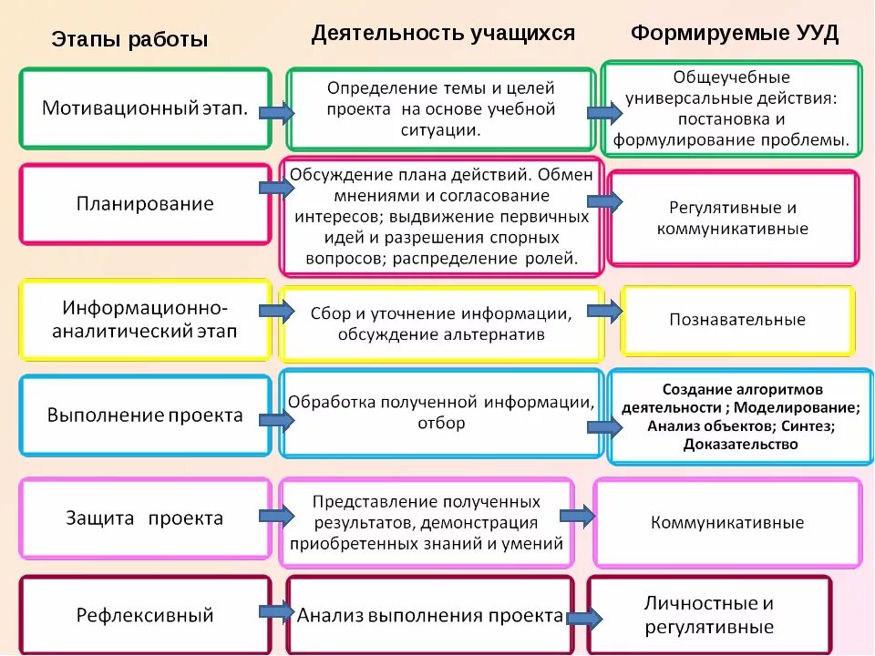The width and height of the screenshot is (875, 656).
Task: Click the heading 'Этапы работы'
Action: pyautogui.click(x=129, y=40)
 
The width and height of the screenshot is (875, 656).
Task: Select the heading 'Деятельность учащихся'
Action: pyautogui.click(x=443, y=34)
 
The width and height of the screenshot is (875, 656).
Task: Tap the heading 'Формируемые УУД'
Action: pyautogui.click(x=735, y=34)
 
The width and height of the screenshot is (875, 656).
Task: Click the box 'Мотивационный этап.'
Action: pyautogui.click(x=145, y=108)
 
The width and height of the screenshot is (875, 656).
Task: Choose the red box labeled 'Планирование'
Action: pyautogui.click(x=145, y=204)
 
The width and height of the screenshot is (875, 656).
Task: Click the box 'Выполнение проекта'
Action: pyautogui.click(x=145, y=415)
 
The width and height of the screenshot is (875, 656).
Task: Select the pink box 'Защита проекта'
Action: pyautogui.click(x=145, y=518)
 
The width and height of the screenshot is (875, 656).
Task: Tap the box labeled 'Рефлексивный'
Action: pyautogui.click(x=145, y=615)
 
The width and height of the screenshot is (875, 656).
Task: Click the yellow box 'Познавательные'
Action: pyautogui.click(x=737, y=320)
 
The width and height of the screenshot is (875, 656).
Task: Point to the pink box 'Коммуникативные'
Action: pyautogui.click(x=727, y=523)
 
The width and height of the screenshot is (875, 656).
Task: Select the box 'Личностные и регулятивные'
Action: pyautogui.click(x=709, y=615)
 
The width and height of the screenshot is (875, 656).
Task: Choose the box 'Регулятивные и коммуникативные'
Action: pyautogui.click(x=733, y=219)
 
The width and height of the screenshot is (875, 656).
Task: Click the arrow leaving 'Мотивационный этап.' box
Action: pyautogui.click(x=276, y=113)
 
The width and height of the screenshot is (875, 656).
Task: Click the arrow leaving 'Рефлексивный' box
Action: pyautogui.click(x=276, y=610)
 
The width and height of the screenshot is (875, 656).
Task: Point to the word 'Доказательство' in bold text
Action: pyautogui.click(x=740, y=445)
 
